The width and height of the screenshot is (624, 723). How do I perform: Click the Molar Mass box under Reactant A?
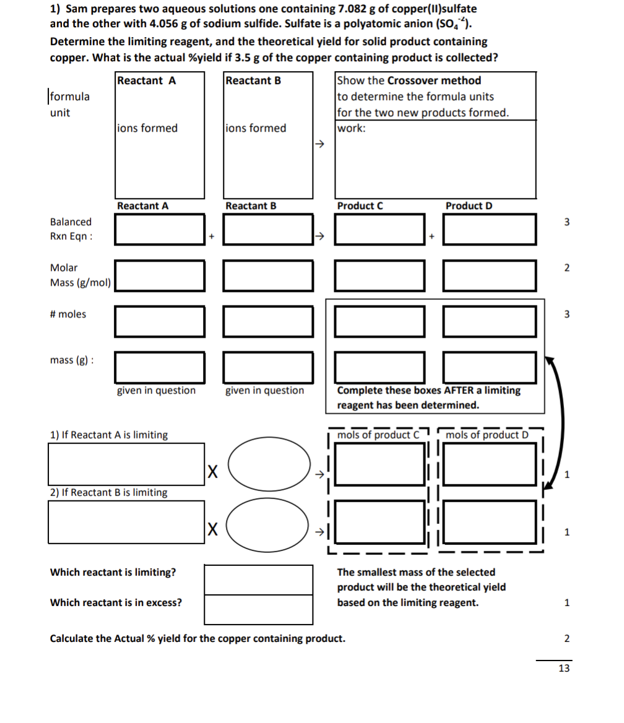coord(160,275)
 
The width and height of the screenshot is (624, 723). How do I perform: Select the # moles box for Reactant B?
coord(268,321)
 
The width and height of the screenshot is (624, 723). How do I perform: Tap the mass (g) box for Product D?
coord(490,367)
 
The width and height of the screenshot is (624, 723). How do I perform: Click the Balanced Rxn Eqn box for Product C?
coord(379,229)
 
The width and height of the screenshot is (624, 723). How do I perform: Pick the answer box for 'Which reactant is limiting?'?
coord(258,579)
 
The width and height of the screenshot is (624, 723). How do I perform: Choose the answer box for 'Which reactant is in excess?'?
coord(258,609)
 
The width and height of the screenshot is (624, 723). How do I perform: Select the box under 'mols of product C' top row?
coord(379,464)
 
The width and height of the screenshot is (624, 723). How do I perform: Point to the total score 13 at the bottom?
coord(563,669)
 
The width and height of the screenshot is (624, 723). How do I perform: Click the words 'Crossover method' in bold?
coord(434,80)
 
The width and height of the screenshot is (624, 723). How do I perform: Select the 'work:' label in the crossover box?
coord(351,129)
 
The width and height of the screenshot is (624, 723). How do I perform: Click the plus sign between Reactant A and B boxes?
coord(212,236)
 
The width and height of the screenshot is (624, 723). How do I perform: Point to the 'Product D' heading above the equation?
coord(469,206)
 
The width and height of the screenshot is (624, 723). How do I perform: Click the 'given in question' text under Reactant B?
coord(264,391)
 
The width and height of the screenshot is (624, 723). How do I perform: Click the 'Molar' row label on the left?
coord(64,268)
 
